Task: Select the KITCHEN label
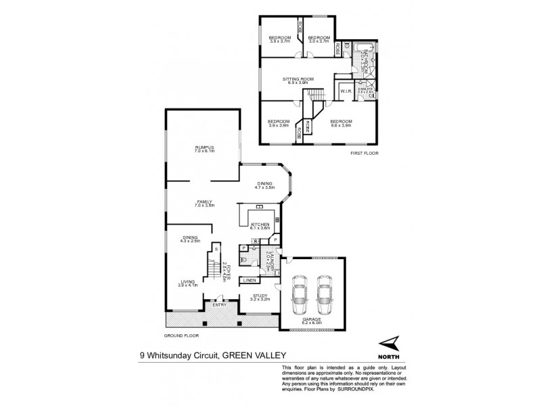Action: [x=260, y=225]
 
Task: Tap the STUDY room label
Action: [x=260, y=296]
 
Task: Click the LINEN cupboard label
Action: [x=249, y=280]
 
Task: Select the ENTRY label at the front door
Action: [x=220, y=305]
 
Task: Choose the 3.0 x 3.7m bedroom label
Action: [x=318, y=39]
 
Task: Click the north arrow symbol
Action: [x=388, y=344]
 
